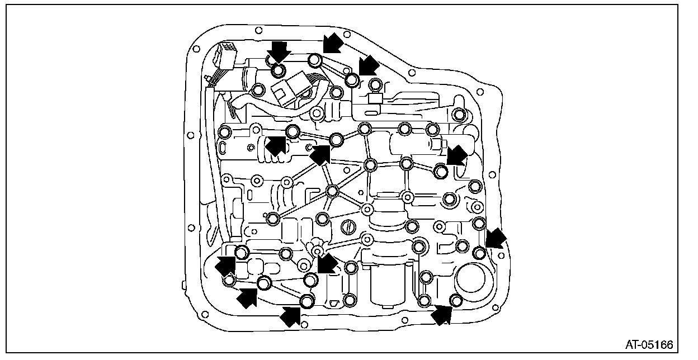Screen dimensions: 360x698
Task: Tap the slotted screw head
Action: (348, 228)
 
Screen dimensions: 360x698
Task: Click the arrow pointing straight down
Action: (278, 51)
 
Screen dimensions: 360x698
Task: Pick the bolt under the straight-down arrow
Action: (278, 71)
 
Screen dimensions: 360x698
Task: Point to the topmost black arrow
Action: (332, 42)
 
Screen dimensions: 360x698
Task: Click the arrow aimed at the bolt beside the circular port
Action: (442, 315)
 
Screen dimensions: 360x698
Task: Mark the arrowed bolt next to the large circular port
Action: (456, 301)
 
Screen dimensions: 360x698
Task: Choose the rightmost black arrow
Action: (495, 239)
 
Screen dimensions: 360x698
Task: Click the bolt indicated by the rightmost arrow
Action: (479, 253)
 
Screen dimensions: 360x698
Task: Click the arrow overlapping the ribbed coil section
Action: (275, 145)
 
